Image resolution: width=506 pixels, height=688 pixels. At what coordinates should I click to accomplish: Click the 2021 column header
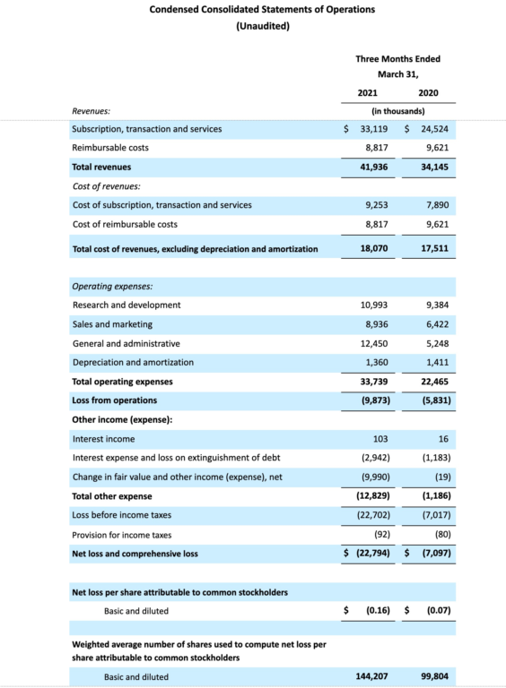coord(367,92)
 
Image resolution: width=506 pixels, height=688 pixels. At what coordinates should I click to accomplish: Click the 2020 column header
coord(428,92)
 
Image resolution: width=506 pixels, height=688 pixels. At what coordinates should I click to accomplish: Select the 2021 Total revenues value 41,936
coord(373,167)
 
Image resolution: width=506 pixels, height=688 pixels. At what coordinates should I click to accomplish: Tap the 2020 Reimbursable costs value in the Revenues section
coord(433,148)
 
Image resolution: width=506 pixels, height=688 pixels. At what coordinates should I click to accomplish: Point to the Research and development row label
coord(126,305)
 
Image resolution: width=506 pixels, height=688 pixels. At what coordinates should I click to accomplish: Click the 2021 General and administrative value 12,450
coord(373,343)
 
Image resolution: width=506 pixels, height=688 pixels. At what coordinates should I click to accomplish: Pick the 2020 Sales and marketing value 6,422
coord(435,324)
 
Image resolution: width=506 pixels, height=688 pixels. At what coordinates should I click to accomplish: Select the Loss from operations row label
coord(114,400)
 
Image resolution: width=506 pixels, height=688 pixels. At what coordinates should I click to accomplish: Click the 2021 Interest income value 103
coord(379,439)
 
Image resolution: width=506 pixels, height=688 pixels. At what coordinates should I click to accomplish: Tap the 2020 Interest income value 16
coord(442,439)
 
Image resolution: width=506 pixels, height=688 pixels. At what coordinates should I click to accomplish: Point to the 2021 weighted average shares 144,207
coord(371,676)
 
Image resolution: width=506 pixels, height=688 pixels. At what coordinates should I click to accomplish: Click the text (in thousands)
coord(397,111)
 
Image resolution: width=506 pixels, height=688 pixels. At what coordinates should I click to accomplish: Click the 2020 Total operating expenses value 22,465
coord(432,382)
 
